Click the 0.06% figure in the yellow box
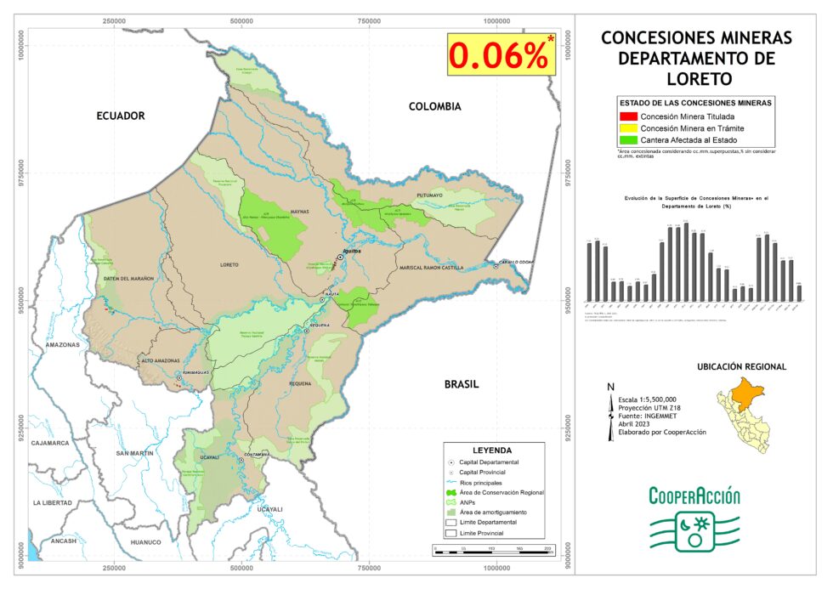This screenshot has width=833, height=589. [x=499, y=55]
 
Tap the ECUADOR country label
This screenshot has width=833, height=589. [x=121, y=116]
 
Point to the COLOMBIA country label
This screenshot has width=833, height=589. [x=434, y=106]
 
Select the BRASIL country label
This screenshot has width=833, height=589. [x=462, y=384]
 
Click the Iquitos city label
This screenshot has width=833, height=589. [x=351, y=252]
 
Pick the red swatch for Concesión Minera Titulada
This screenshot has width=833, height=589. [x=628, y=116]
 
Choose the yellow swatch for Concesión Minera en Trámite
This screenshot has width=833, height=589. [x=628, y=127]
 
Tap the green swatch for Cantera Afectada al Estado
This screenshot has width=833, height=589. [x=628, y=139]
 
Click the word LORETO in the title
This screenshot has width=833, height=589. [x=696, y=79]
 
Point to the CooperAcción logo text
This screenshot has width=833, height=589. [x=694, y=496]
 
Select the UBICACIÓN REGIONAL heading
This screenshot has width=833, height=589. [x=741, y=367]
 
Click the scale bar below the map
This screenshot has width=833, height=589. [x=493, y=550]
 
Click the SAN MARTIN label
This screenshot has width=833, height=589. [x=135, y=454]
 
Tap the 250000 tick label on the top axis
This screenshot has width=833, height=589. [x=114, y=20]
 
